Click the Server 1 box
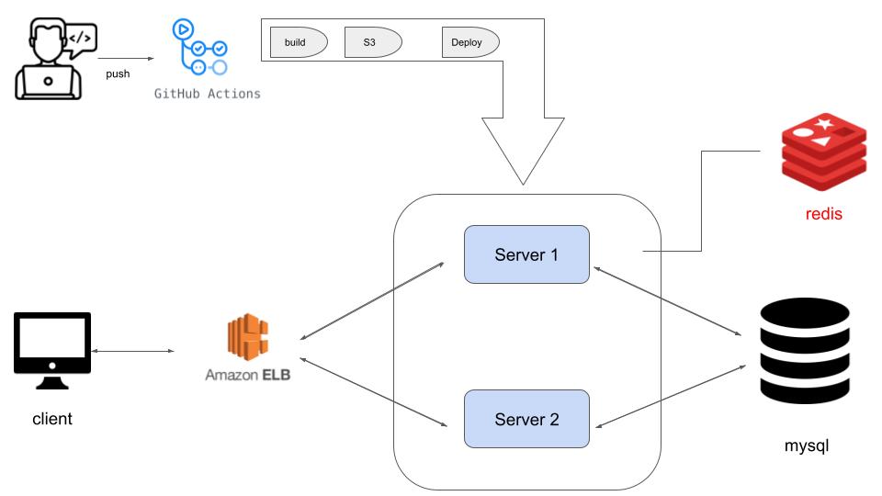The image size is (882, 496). coord(526,254)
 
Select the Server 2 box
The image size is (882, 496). coord(526,420)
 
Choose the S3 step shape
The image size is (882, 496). coord(372,42)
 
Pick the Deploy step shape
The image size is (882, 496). coord(469,42)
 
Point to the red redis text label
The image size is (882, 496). coord(822,215)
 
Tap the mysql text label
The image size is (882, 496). coord(807,447)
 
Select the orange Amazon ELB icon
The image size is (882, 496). coord(248,339)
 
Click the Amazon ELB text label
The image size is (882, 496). coord(248,375)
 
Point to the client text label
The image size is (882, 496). coord(52,420)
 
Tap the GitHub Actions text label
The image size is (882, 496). coord(207,94)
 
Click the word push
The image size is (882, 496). coord(118,73)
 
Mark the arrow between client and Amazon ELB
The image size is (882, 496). coord(133,351)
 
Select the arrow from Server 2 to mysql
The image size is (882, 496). coord(670,396)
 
